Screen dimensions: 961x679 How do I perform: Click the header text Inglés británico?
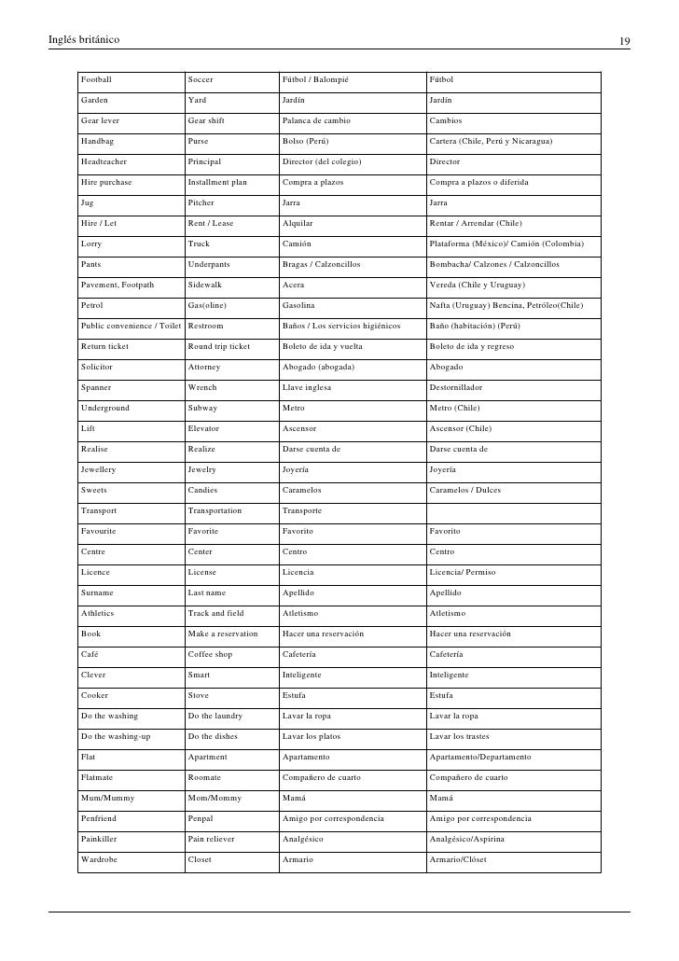[83, 41]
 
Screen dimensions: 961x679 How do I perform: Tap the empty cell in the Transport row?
[513, 510]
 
